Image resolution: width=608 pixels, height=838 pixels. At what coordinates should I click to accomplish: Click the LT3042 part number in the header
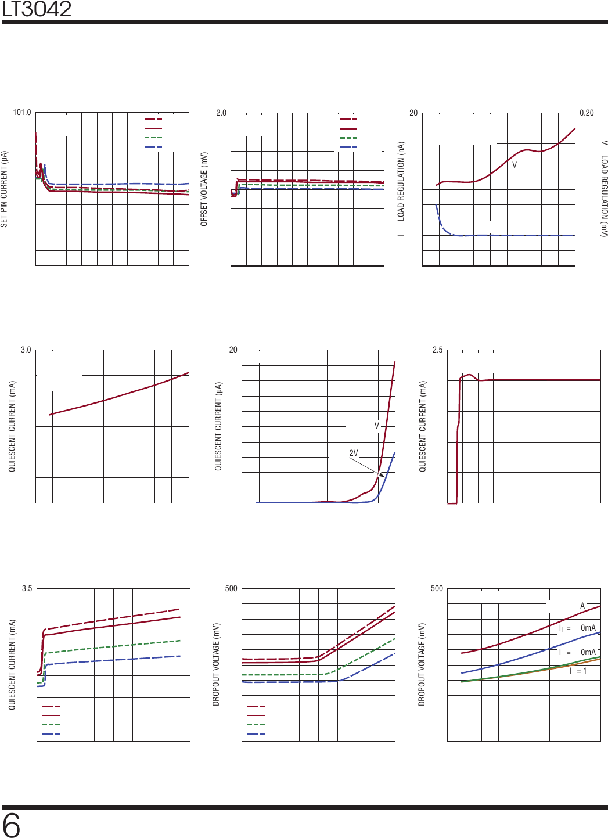click(x=37, y=9)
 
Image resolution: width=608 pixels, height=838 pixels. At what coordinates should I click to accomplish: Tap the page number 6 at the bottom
click(x=11, y=825)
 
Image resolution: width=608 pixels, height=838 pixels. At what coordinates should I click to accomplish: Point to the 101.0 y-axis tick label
click(x=22, y=113)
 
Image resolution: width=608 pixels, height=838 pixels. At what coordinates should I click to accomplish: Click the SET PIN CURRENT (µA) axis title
click(x=5, y=189)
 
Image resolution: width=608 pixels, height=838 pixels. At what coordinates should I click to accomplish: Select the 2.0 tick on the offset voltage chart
click(x=221, y=113)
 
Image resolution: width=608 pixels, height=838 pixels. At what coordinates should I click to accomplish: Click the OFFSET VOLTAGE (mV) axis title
click(x=204, y=189)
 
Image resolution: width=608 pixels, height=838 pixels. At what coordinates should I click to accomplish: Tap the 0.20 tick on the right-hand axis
click(x=587, y=113)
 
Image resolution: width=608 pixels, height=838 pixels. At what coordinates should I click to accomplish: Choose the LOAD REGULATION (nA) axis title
click(x=401, y=181)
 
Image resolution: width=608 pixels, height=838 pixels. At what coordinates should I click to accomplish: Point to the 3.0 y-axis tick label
click(x=26, y=350)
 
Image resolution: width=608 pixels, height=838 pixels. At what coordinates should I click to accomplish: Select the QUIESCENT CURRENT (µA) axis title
click(x=218, y=426)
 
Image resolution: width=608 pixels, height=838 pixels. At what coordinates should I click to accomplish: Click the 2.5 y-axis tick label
click(x=437, y=350)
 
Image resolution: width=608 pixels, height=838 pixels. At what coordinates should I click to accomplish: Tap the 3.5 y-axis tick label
click(x=27, y=588)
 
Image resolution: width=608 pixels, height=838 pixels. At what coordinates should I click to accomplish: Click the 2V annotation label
click(x=353, y=453)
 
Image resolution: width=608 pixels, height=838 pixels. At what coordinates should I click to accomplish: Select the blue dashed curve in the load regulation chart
click(x=511, y=235)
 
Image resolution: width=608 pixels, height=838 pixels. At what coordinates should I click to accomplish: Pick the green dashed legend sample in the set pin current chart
click(x=153, y=138)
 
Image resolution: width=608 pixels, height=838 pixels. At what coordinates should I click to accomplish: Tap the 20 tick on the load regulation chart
click(x=413, y=113)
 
